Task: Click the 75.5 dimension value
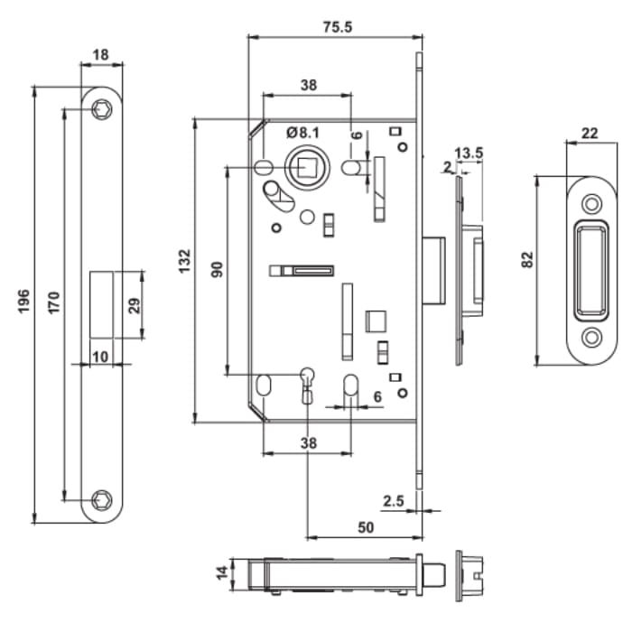[x=338, y=27]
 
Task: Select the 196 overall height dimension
[x=23, y=301]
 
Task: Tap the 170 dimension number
[x=53, y=302]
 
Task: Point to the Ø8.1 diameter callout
[x=302, y=132]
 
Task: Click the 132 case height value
[x=184, y=261]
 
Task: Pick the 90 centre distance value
[x=217, y=269]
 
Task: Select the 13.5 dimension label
[x=469, y=153]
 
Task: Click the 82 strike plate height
[x=527, y=260]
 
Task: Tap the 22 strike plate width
[x=590, y=133]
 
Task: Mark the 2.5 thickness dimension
[x=393, y=501]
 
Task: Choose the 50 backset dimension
[x=366, y=527]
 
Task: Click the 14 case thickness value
[x=222, y=572]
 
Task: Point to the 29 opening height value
[x=135, y=305]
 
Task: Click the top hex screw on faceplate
[x=101, y=109]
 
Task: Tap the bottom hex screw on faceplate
[x=101, y=500]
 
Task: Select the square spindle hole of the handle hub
[x=307, y=167]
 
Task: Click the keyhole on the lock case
[x=307, y=385]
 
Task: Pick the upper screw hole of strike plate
[x=591, y=203]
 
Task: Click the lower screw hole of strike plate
[x=591, y=337]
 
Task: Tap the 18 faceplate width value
[x=101, y=54]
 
